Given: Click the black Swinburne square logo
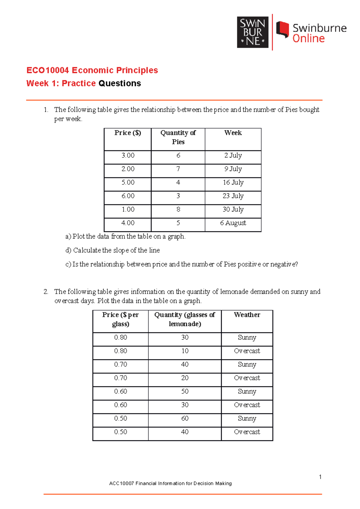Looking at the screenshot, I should pyautogui.click(x=253, y=32).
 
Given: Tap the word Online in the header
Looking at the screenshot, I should pyautogui.click(x=308, y=39).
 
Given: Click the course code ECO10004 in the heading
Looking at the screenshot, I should pyautogui.click(x=48, y=70).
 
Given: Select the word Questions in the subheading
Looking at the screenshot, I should pyautogui.click(x=120, y=83).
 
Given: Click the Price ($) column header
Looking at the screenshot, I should pyautogui.click(x=127, y=133).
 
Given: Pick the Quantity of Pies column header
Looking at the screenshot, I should pyautogui.click(x=178, y=137).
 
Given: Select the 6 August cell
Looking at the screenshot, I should pyautogui.click(x=233, y=223).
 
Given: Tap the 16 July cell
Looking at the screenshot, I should pyautogui.click(x=233, y=183).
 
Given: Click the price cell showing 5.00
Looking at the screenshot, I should pyautogui.click(x=128, y=183).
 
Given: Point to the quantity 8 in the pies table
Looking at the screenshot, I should pyautogui.click(x=178, y=210).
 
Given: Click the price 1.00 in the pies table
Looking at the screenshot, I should pyautogui.click(x=128, y=210).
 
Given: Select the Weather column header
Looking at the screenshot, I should pyautogui.click(x=247, y=315).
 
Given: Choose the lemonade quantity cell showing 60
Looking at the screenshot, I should pyautogui.click(x=185, y=418).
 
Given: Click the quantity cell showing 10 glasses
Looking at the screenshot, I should pyautogui.click(x=185, y=351).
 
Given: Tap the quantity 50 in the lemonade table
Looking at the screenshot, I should pyautogui.click(x=185, y=391).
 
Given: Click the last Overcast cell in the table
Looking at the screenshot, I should pyautogui.click(x=247, y=432).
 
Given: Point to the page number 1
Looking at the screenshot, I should pyautogui.click(x=320, y=477).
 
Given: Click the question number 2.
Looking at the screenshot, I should pyautogui.click(x=46, y=292).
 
